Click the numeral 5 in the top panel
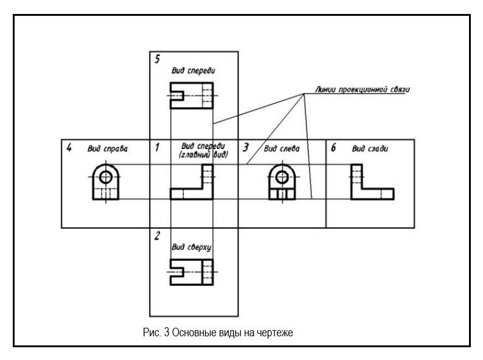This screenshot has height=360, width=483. (158, 59)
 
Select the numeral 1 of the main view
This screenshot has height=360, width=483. (157, 147)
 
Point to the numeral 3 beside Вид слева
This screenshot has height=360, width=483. (246, 147)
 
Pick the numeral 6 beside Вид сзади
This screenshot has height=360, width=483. (333, 147)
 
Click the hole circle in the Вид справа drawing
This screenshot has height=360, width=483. (106, 176)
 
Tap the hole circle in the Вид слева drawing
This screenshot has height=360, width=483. (281, 176)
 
